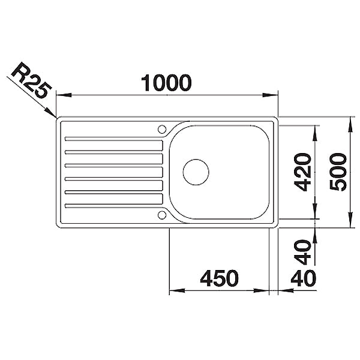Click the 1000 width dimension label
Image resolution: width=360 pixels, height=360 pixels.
pos(166,83)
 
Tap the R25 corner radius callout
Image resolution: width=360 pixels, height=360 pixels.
pos(31,80)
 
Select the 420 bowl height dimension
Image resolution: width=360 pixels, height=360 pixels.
pos(303,172)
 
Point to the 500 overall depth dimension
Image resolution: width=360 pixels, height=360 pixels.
pos(338,172)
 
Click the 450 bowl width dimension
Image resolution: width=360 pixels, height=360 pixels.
pos(219,278)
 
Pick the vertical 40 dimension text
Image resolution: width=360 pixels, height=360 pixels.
pos(303,252)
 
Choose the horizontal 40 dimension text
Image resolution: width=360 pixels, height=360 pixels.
pos(303,278)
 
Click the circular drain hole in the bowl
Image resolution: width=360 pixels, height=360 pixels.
pos(196,172)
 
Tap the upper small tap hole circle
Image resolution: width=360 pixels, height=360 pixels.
pos(162,129)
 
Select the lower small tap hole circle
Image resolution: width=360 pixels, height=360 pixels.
pos(162,215)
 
